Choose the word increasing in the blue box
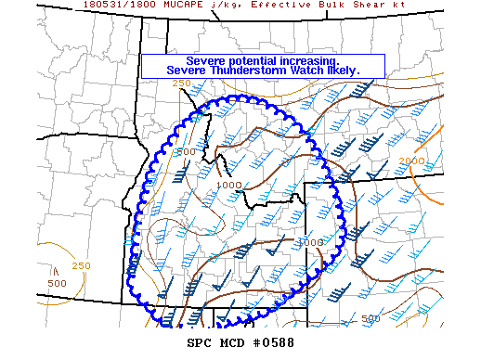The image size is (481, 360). [x=317, y=60]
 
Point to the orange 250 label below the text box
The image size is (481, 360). [x=181, y=84]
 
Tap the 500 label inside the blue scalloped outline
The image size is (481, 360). [x=186, y=151]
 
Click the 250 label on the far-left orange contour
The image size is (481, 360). [x=82, y=266]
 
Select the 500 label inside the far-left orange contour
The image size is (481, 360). [x=57, y=283]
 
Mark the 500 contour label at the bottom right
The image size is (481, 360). [x=370, y=318]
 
